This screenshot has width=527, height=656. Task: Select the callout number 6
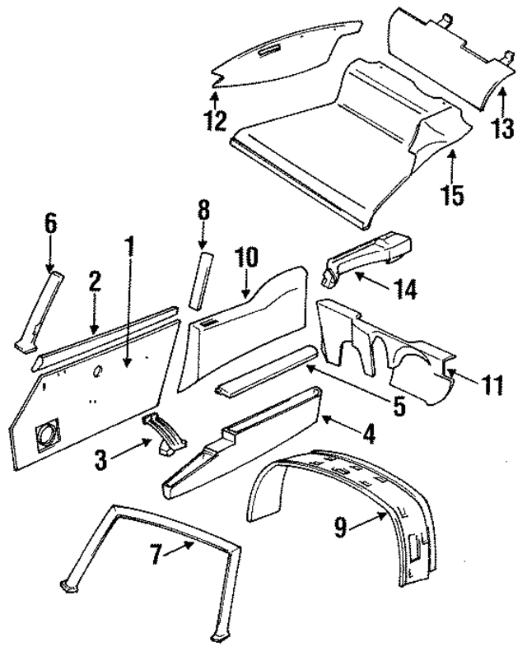[x=51, y=222]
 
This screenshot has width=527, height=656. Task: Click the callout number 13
[x=502, y=129]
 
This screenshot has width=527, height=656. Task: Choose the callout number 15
[x=452, y=196]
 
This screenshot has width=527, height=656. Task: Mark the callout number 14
[x=404, y=289]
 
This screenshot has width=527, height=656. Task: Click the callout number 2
[x=95, y=281]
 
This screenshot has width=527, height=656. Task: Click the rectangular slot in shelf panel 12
[x=268, y=54]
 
